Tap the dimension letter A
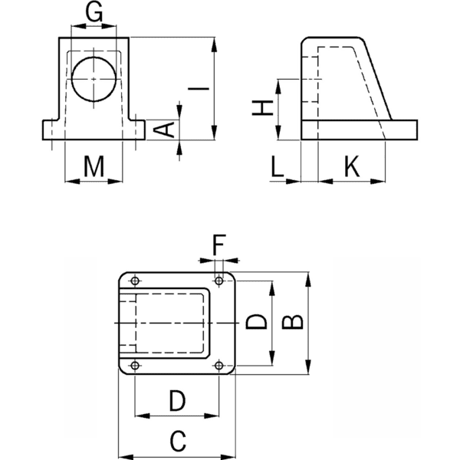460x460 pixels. pyautogui.click(x=165, y=129)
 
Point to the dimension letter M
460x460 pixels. pyautogui.click(x=94, y=166)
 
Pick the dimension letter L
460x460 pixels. pyautogui.click(x=279, y=166)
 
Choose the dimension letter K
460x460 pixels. pyautogui.click(x=351, y=166)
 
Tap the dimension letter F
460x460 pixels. pyautogui.click(x=219, y=247)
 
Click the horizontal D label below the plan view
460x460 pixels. pyautogui.click(x=177, y=399)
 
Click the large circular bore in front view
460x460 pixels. pyautogui.click(x=94, y=78)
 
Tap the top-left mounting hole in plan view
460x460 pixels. pyautogui.click(x=135, y=280)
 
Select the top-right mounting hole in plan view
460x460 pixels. pyautogui.click(x=220, y=280)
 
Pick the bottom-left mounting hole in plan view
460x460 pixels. pyautogui.click(x=135, y=366)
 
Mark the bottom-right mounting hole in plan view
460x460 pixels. pyautogui.click(x=220, y=366)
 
